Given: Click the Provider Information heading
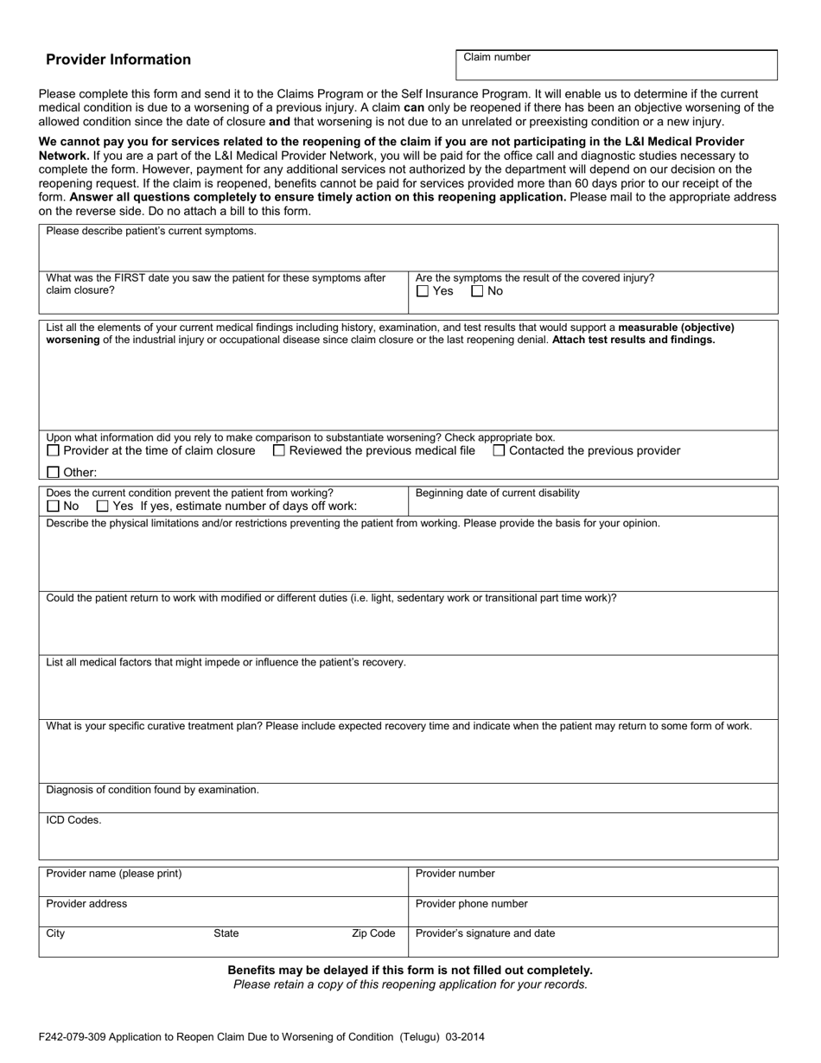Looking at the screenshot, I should pyautogui.click(x=118, y=60).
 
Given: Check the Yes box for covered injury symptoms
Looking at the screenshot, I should pyautogui.click(x=422, y=291).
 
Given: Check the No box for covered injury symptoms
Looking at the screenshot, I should pyautogui.click(x=477, y=291).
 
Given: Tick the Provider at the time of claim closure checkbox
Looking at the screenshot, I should pyautogui.click(x=54, y=450).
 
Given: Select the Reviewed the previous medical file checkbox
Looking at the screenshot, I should pyautogui.click(x=279, y=450).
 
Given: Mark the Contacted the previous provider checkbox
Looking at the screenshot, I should pyautogui.click(x=500, y=450).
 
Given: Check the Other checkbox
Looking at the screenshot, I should pyautogui.click(x=54, y=473).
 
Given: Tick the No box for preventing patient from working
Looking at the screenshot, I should pyautogui.click(x=54, y=506).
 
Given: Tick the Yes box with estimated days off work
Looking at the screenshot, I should pyautogui.click(x=103, y=506).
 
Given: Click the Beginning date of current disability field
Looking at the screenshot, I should pyautogui.click(x=593, y=506).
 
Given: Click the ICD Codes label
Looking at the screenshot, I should pyautogui.click(x=73, y=820).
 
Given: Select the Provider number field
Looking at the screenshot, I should pyautogui.click(x=593, y=885).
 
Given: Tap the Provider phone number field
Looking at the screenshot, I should pyautogui.click(x=593, y=914).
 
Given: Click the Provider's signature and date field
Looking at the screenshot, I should pyautogui.click(x=593, y=945).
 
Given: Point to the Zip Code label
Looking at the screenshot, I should pyautogui.click(x=373, y=933).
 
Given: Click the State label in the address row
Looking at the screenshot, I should pyautogui.click(x=226, y=933).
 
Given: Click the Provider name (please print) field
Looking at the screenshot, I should pyautogui.click(x=223, y=885).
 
